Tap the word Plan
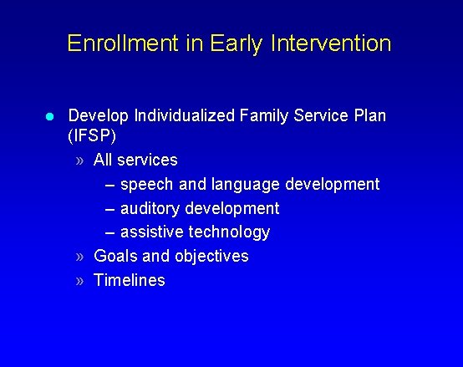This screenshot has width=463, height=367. [x=369, y=115]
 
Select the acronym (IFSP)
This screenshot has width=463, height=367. [x=92, y=135]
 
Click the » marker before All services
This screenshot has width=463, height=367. [x=79, y=160]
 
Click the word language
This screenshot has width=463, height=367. [x=244, y=184]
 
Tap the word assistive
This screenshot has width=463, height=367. [x=153, y=232]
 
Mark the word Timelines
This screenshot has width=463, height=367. [x=130, y=280]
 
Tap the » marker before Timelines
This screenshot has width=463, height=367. [x=79, y=281]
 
